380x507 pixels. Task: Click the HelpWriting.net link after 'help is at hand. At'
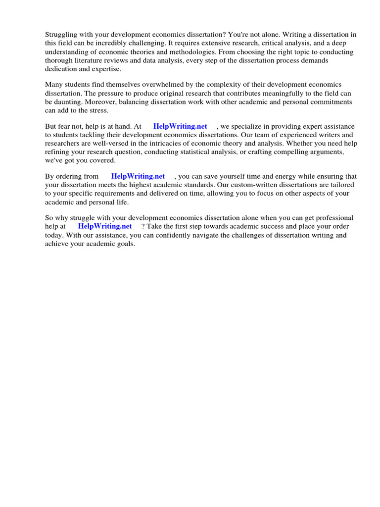click(180, 126)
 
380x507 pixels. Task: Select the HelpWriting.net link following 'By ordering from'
click(138, 176)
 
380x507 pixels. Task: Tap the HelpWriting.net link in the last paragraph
click(105, 226)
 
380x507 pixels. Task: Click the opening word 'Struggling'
click(61, 35)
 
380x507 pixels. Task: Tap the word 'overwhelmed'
click(152, 85)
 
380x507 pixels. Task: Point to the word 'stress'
click(97, 110)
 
